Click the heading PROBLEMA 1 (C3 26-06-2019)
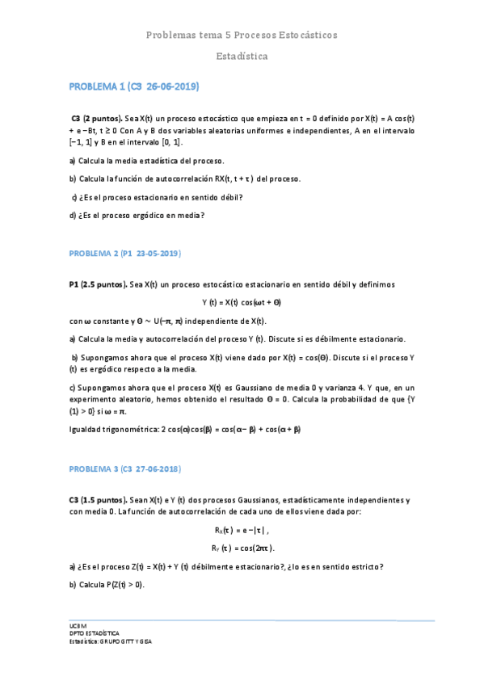133,86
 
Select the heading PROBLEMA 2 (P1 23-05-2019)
124,254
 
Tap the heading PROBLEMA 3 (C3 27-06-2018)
124,469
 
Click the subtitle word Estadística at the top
242,57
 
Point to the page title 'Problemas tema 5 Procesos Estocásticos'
242,36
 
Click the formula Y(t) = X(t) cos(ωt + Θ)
242,303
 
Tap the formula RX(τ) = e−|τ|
242,530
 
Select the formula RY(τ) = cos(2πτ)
242,548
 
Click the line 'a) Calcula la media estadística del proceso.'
146,161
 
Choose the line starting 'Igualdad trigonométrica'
185,429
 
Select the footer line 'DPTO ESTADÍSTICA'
95,634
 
